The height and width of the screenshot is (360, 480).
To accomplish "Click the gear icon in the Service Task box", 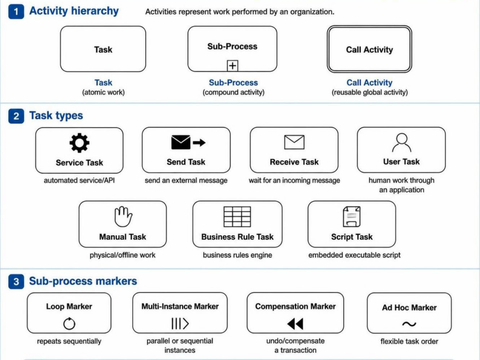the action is [x=79, y=143].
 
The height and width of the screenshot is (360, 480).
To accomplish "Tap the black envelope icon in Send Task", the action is [x=181, y=142].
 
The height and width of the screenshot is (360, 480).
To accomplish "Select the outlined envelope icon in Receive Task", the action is [x=294, y=142].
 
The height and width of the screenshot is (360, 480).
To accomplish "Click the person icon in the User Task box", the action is [x=401, y=143].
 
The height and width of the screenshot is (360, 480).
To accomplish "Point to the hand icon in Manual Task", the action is [x=123, y=217].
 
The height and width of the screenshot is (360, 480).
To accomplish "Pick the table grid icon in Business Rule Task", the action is [x=237, y=217].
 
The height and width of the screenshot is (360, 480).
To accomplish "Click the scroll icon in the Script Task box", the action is [x=352, y=217].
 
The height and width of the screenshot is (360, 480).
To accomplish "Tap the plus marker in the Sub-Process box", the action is [x=233, y=65].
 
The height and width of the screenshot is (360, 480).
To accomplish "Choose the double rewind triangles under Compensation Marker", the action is [x=295, y=323].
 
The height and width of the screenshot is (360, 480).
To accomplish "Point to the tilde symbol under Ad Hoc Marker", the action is [x=409, y=324].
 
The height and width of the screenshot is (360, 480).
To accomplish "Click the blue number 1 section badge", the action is [x=16, y=12].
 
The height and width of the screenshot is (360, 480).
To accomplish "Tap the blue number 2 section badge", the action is [x=16, y=116].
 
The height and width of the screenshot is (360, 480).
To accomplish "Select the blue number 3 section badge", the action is [x=16, y=281].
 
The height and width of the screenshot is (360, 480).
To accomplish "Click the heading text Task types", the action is [x=56, y=116].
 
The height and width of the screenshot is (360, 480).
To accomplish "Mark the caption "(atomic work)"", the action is [x=104, y=92].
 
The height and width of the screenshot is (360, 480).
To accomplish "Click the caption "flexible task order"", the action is [x=409, y=341].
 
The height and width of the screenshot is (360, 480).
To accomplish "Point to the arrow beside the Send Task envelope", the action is [x=199, y=142].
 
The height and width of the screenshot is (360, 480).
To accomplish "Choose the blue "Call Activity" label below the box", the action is [x=369, y=83].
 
